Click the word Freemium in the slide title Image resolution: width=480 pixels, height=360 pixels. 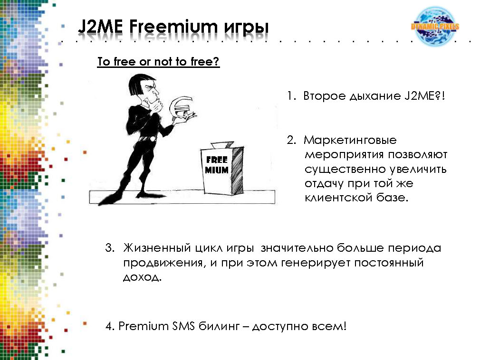(173, 27)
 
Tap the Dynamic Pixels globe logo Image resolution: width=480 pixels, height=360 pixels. (435, 26)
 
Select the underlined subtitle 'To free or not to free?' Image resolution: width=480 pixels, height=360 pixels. (158, 62)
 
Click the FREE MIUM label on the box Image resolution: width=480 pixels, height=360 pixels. (217, 165)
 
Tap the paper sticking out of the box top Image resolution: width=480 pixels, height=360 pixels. (222, 145)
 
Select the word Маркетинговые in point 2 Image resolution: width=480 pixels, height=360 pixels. (350, 140)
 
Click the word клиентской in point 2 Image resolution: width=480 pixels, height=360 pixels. (338, 197)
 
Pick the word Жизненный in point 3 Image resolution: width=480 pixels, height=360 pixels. (157, 248)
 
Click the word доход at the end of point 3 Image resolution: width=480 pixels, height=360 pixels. (142, 277)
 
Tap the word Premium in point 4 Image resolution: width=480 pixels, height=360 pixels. (144, 326)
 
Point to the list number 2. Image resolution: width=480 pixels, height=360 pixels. (291, 140)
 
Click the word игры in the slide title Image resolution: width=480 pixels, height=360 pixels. (247, 28)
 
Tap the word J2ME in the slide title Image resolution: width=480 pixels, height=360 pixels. (100, 27)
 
